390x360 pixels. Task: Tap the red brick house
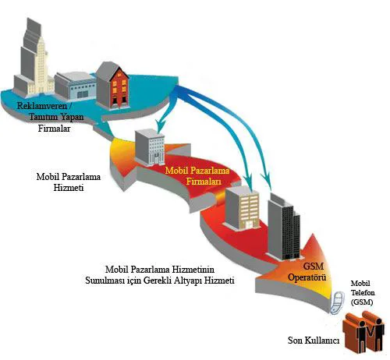pos(113,85)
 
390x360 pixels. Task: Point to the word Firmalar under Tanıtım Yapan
pos(54,129)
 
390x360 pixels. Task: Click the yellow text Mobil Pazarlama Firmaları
pos(197,176)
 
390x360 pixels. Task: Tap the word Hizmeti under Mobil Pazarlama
pos(69,188)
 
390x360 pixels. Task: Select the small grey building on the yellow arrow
pos(150,147)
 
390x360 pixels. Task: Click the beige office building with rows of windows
pos(243,208)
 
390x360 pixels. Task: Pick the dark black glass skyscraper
pos(284,227)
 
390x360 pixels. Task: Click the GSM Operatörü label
pos(307,272)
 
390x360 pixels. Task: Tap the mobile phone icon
pos(337,302)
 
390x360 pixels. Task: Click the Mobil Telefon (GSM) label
pos(363,293)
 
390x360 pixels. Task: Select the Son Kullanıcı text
pos(314,341)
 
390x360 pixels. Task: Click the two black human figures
pos(370,335)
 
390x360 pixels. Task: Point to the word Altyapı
pos(190,281)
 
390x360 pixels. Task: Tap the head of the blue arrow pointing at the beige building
pos(249,182)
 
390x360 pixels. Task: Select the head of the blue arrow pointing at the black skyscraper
pos(268,182)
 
